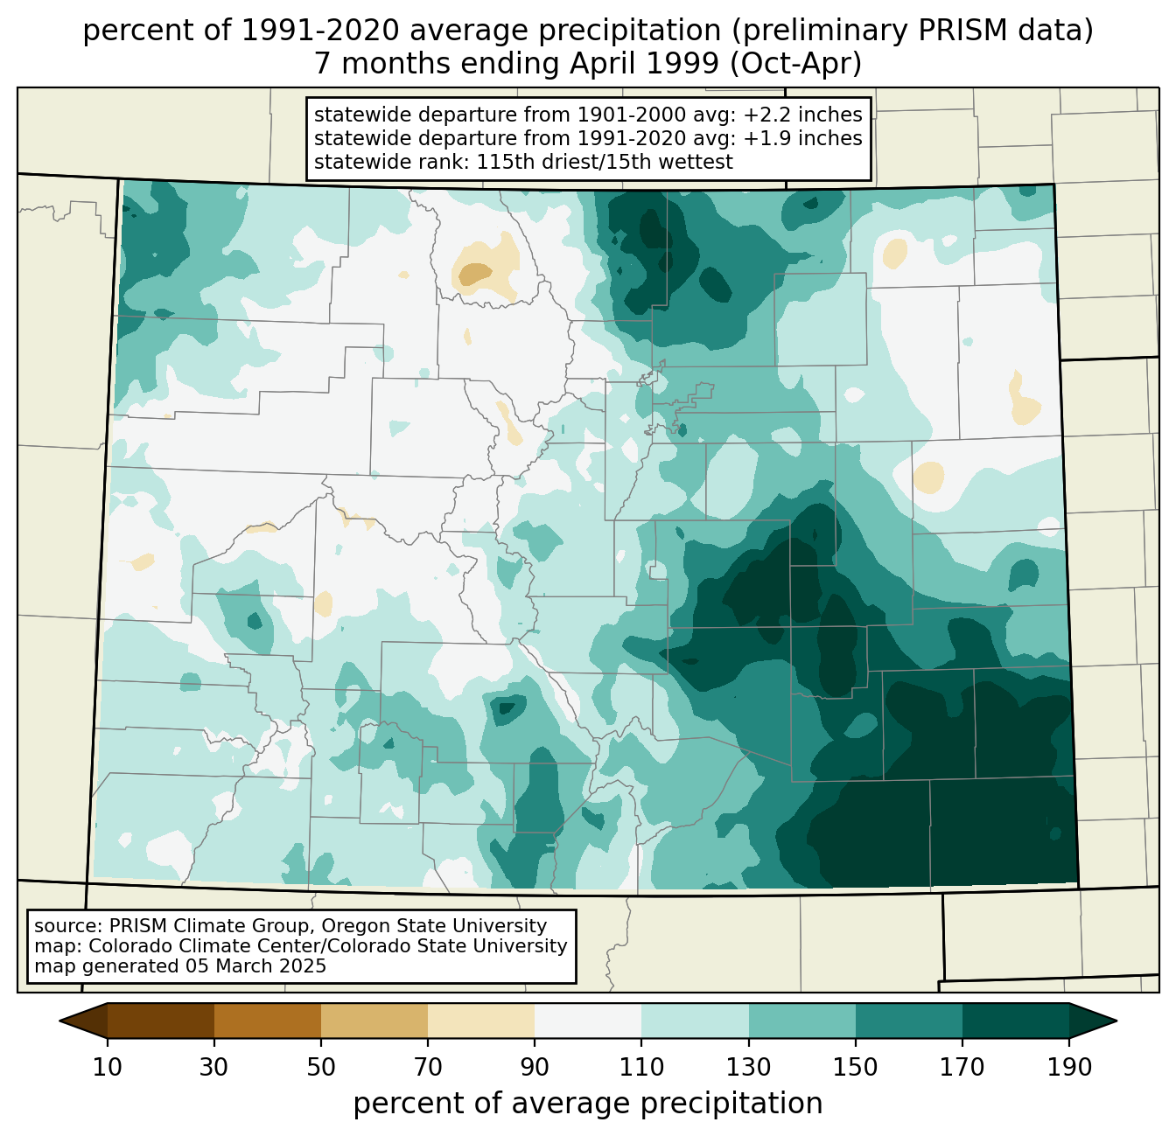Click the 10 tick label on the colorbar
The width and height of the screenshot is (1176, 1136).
[108, 1067]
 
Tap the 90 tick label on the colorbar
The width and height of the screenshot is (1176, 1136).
[535, 1067]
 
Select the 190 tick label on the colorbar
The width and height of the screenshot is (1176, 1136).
[1069, 1067]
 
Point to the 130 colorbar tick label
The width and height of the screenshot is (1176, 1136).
[748, 1067]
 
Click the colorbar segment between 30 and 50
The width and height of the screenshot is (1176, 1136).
[267, 1021]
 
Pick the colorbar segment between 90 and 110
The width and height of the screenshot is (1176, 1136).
[588, 1021]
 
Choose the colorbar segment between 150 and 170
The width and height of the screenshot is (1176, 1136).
[908, 1021]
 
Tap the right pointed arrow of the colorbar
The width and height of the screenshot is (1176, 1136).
[1092, 1021]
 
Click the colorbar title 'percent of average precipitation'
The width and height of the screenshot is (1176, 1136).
[587, 1104]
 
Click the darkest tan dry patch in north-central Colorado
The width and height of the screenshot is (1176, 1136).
[475, 274]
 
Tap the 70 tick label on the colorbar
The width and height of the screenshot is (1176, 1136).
[428, 1067]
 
